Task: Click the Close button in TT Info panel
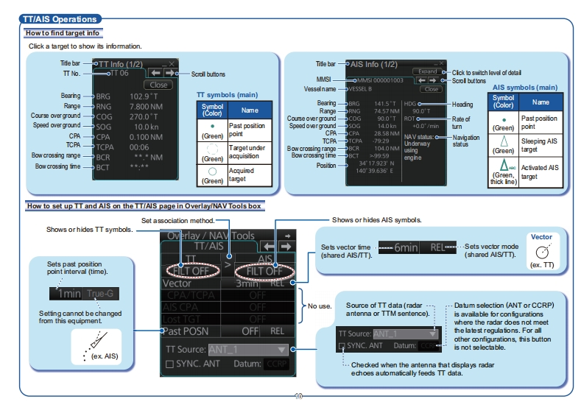[x=159, y=85]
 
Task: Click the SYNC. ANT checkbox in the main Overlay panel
[x=171, y=364]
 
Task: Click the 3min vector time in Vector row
[x=247, y=283]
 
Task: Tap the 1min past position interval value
[x=70, y=293]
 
